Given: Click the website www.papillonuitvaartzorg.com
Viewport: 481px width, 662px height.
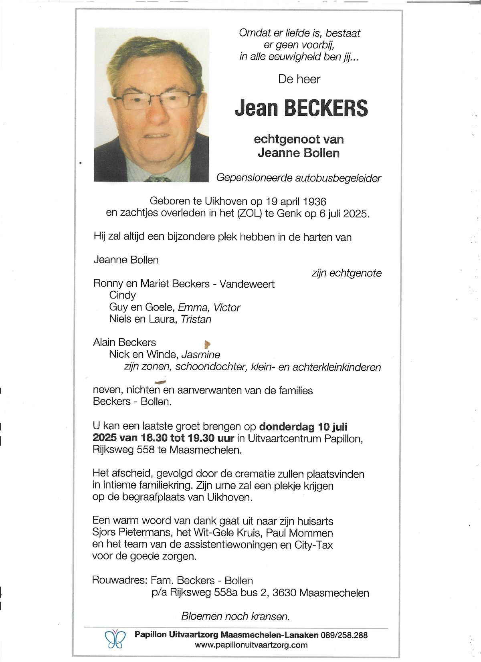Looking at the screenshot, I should [x=251, y=645].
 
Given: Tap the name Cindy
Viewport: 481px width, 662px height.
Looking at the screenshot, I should [x=122, y=295].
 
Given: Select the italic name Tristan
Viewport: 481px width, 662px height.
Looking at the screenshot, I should [x=196, y=319].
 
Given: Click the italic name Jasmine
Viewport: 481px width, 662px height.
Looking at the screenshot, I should [x=201, y=355].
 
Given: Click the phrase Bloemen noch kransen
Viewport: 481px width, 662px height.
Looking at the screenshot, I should [x=235, y=616].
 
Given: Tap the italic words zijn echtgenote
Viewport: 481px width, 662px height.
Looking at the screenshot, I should [x=346, y=273].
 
